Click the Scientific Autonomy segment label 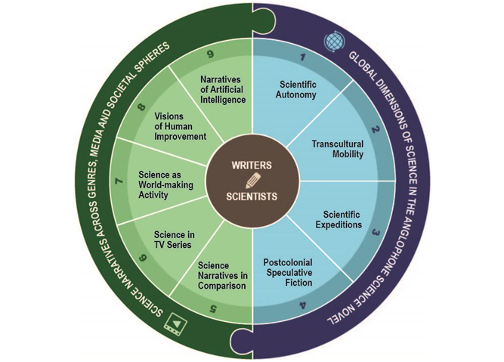(x=298, y=89)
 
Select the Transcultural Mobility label (x=337, y=149)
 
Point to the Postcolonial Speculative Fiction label (x=288, y=272)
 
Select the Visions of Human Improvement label (x=180, y=126)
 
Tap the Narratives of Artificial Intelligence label (x=223, y=88)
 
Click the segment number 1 (x=301, y=57)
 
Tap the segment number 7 (x=118, y=181)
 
